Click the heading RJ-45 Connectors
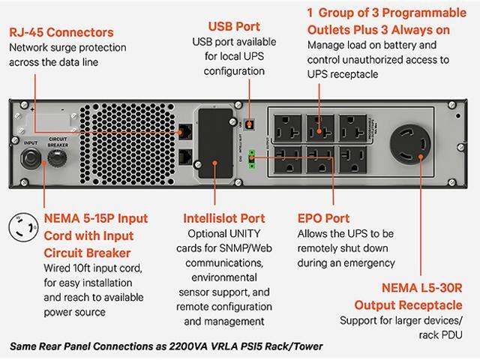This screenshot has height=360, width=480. (61, 33)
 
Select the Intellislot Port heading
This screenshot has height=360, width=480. (224, 219)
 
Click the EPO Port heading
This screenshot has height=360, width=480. (323, 219)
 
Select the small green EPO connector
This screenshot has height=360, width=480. (253, 155)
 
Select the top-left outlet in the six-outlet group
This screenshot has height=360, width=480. (287, 124)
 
